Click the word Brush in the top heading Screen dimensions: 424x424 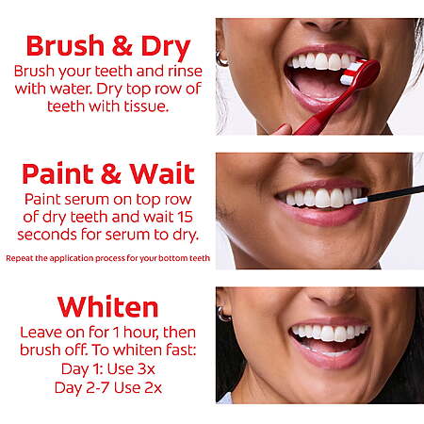click(65, 46)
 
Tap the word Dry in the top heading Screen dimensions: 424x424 click(166, 48)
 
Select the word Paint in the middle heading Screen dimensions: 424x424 click(57, 173)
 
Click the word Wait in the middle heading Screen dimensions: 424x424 click(162, 173)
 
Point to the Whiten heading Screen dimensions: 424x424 click(108, 307)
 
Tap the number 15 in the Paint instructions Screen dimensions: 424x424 click(185, 217)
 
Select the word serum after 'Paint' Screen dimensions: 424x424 click(88, 200)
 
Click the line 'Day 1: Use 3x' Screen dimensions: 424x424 click(108, 368)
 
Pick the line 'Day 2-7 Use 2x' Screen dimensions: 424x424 click(108, 387)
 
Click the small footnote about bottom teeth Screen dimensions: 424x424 click(107, 258)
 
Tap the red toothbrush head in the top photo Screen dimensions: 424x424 click(360, 73)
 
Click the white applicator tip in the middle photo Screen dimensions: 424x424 click(360, 201)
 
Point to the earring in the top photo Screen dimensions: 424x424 click(221, 58)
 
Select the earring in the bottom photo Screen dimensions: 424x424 click(224, 314)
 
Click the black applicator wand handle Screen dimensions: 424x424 click(396, 193)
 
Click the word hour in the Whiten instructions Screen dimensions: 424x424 click(141, 333)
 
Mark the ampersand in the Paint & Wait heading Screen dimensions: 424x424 click(111, 173)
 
